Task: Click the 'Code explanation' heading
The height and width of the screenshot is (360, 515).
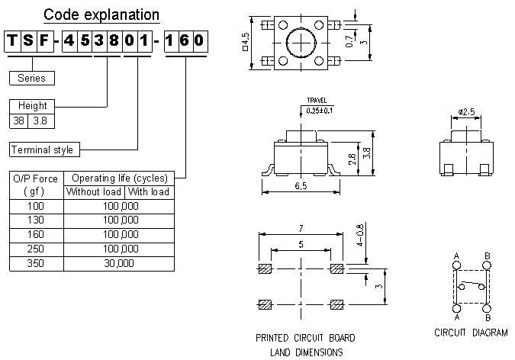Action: (101, 14)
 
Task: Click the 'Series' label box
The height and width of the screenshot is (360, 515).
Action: (31, 78)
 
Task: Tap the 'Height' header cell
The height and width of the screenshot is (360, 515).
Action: (31, 106)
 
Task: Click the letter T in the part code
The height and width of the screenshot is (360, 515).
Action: (13, 42)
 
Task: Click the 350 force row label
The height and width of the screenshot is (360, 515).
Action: (35, 262)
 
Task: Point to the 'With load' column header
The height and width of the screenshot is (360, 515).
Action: (148, 191)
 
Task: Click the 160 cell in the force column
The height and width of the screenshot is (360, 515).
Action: (35, 234)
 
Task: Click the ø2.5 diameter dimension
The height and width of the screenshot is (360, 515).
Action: (467, 112)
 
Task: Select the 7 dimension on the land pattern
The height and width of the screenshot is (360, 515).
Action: (301, 229)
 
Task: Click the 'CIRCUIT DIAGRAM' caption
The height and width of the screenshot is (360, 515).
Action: (471, 333)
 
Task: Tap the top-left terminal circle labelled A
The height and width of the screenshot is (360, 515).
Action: (457, 265)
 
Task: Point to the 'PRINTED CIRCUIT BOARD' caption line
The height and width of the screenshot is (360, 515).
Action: (305, 337)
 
